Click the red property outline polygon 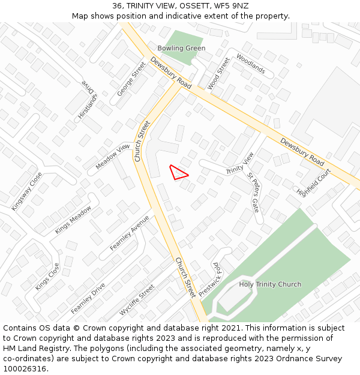click(178, 173)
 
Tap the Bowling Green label click(181, 48)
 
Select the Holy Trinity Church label click(270, 284)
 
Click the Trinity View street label click(240, 163)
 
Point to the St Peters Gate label click(253, 193)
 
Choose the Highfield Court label click(314, 182)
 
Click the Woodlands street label click(251, 64)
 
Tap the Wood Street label click(218, 73)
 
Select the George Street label click(131, 78)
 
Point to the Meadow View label click(112, 155)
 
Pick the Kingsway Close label click(27, 191)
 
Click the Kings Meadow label click(73, 220)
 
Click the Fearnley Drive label click(88, 298)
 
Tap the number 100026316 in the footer click(23, 369)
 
